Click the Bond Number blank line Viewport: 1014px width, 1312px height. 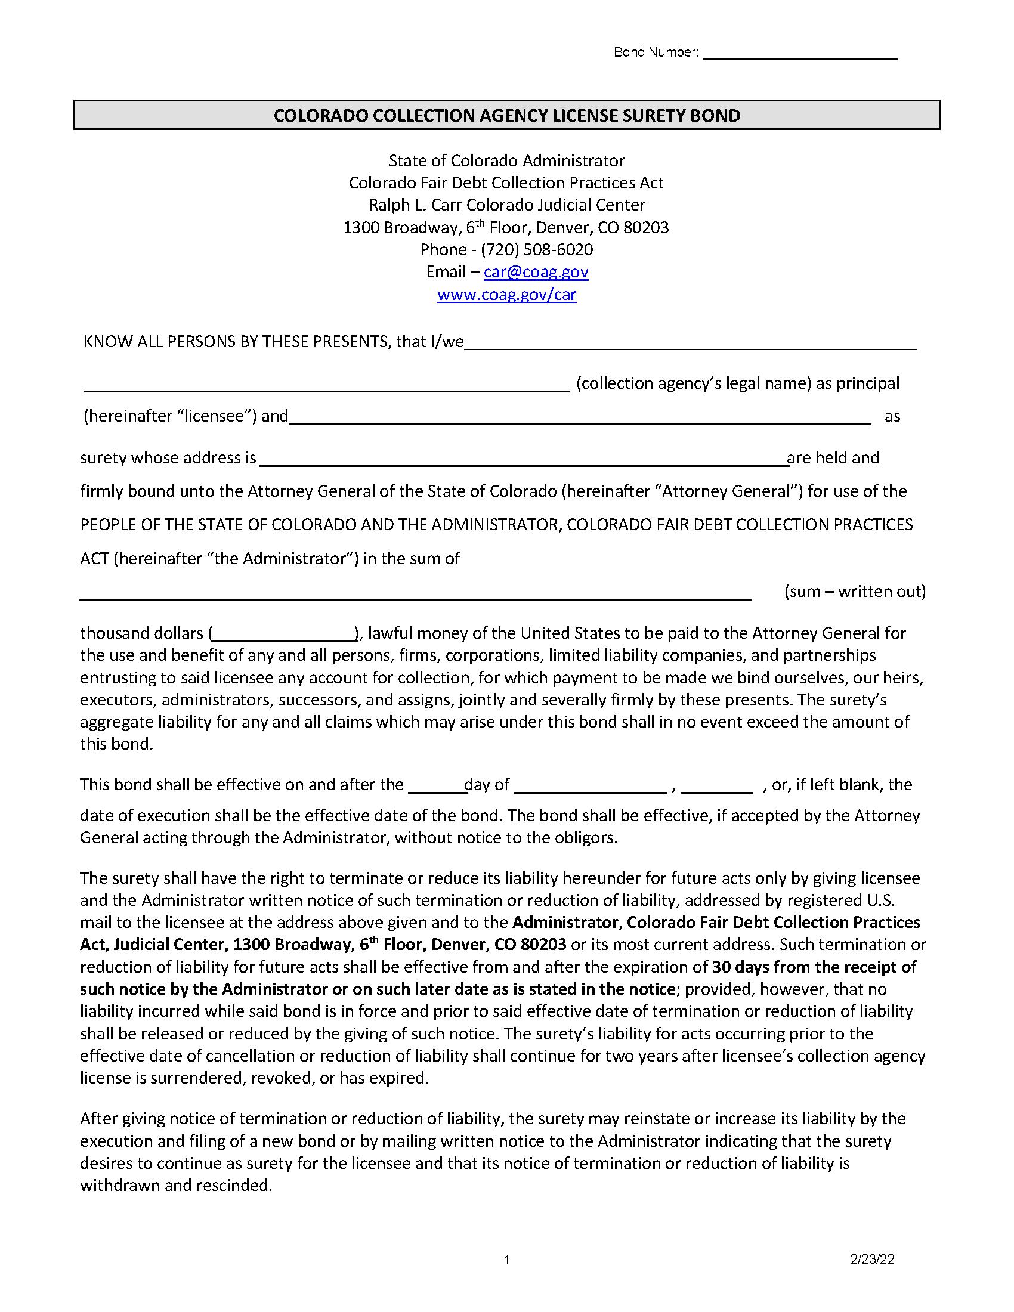[799, 55]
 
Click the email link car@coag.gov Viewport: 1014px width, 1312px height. [536, 272]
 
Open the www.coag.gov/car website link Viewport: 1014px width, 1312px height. [506, 295]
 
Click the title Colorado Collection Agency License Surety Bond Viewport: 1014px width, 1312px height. [506, 115]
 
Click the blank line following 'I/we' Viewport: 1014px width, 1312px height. [691, 345]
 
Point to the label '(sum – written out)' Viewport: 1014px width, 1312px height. [854, 591]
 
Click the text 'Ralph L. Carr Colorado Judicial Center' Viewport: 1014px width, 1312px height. [506, 205]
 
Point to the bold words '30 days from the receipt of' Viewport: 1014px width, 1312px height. [814, 967]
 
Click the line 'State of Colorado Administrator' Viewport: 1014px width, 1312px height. [506, 160]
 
